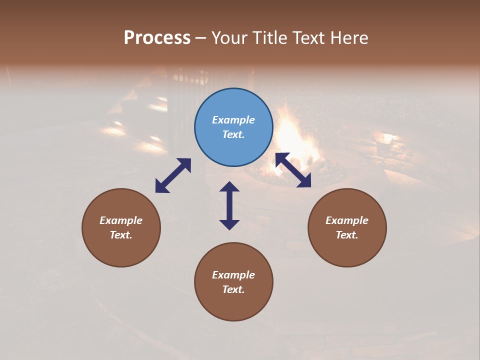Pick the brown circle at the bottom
233,305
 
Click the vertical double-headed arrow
229,205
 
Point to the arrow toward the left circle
173,175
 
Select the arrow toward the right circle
293,170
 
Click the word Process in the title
157,38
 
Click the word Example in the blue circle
233,120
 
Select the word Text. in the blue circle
233,134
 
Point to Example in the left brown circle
121,220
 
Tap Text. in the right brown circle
347,235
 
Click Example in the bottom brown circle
233,275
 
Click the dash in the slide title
200,38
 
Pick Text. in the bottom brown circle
233,289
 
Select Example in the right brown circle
347,220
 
